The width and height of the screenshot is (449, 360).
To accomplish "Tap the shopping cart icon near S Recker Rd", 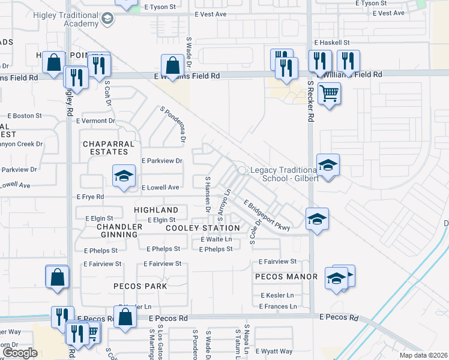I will (x=329, y=94).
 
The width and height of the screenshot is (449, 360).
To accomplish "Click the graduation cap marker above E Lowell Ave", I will (x=124, y=176).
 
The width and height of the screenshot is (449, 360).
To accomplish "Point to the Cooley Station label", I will (x=202, y=228).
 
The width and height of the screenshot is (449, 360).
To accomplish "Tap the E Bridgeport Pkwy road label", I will (x=267, y=215).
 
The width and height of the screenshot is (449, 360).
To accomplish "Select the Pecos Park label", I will (x=140, y=286).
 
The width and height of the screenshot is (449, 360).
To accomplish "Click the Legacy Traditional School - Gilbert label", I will (x=285, y=175).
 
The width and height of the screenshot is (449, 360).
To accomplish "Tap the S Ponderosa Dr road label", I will (x=172, y=125).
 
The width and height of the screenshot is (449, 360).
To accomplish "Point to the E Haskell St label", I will (x=332, y=43).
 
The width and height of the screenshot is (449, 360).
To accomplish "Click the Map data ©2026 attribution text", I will (x=424, y=355).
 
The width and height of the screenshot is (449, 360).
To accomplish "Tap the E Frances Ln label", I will (x=279, y=307).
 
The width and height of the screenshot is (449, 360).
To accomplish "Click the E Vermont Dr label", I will (x=95, y=121).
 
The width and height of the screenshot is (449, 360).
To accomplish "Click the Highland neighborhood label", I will (x=156, y=210).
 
